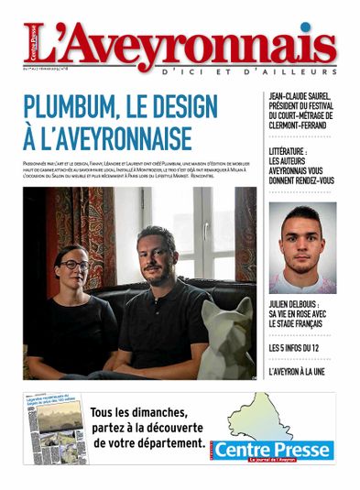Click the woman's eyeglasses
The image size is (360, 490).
pos(75,265)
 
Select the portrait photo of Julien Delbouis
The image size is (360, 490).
pos(301,247)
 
